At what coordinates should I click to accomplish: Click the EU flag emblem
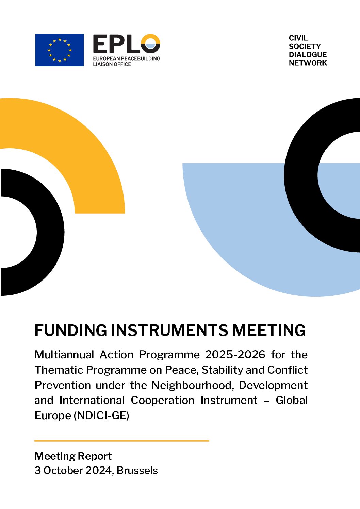point(59,50)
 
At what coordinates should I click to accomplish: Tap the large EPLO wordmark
point(127,44)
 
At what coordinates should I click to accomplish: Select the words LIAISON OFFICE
point(112,64)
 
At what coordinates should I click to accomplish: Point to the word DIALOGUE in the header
point(308,54)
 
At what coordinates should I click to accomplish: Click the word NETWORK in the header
point(308,63)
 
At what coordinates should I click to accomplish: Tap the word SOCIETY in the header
point(305,46)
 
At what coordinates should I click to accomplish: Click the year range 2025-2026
point(235,355)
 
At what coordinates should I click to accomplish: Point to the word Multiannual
point(64,355)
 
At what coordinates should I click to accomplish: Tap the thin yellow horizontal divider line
point(122,441)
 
